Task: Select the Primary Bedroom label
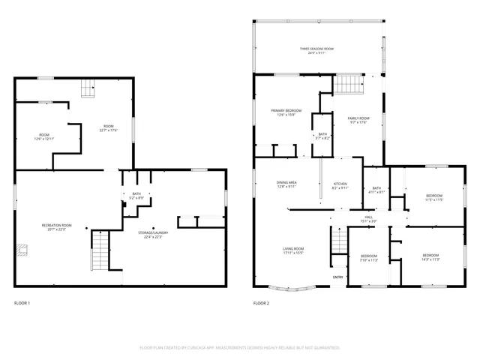coord(287,112)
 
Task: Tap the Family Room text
coord(358,120)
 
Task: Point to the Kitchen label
coord(340,185)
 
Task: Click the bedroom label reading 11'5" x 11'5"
coord(435,198)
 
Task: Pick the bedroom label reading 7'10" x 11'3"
coord(367,259)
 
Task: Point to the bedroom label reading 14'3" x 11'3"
coord(430,258)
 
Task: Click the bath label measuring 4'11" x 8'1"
coord(376,190)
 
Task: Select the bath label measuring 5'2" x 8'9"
coord(136,196)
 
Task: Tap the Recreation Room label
coord(56,227)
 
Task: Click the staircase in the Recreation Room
coord(100,252)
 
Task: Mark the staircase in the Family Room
coord(348,85)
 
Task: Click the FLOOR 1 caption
coord(22,303)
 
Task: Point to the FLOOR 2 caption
coord(261,303)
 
